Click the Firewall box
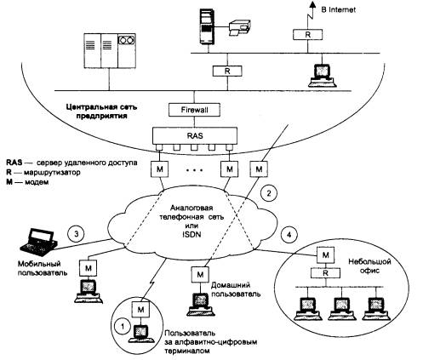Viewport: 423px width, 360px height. coord(194,110)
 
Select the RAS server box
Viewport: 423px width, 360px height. coord(195,135)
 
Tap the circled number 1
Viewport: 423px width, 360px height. coord(123,326)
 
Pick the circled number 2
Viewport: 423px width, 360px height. coord(269,194)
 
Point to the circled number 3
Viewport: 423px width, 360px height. coord(76,234)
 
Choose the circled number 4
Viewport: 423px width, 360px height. coord(289,235)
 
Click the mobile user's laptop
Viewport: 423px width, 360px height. coord(39,240)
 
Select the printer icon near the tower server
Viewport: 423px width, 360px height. coord(240,27)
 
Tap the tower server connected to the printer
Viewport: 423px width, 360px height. coord(207,26)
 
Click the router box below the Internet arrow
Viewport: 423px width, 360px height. coord(307,35)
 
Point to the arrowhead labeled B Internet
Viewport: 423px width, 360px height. coord(312,4)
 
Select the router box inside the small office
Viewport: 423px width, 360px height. coord(325,273)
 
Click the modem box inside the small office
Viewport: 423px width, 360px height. coord(326,255)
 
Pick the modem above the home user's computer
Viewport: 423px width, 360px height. coord(200,274)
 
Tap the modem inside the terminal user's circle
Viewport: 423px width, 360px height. coord(140,309)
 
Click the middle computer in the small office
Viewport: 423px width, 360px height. coord(341,309)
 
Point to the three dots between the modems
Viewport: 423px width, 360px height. coord(194,170)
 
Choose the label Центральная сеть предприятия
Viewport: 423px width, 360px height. coord(101,111)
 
